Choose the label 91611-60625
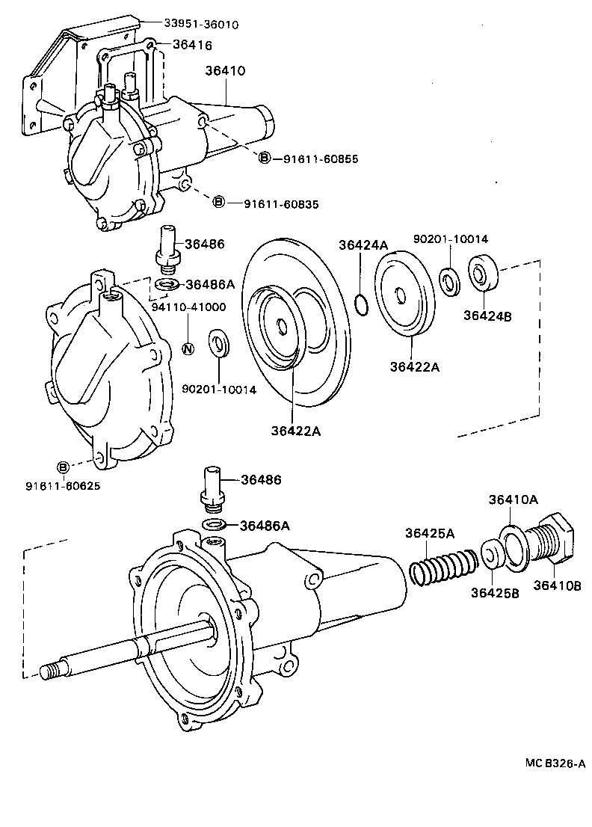(x=63, y=486)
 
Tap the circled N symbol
(x=189, y=348)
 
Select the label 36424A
(x=363, y=245)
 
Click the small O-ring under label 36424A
(x=360, y=304)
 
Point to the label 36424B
(x=487, y=316)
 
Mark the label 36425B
(x=495, y=592)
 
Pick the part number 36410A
(x=514, y=499)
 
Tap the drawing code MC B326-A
(x=554, y=763)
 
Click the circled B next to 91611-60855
(x=265, y=158)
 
